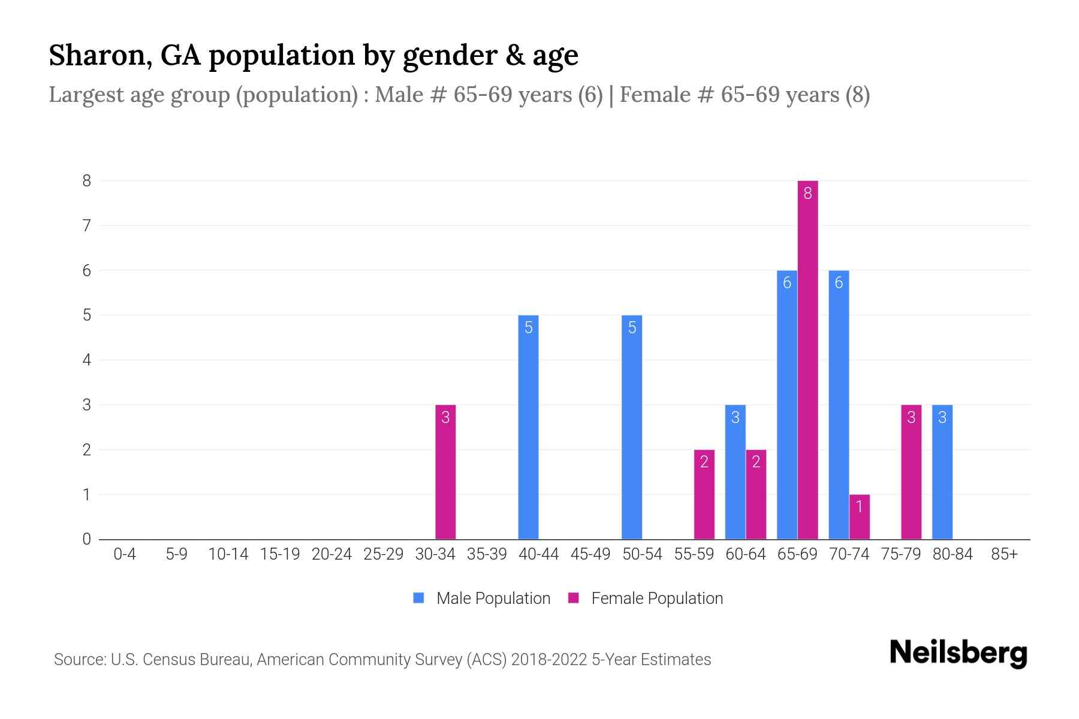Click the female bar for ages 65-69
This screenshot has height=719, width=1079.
click(807, 359)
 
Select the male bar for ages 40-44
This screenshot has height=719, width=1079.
click(528, 427)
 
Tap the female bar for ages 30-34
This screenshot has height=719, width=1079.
click(445, 472)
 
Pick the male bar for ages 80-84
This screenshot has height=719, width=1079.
click(942, 472)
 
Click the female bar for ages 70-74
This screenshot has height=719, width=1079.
click(859, 516)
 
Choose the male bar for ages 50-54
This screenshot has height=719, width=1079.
click(632, 427)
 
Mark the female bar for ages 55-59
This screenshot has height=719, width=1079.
click(704, 494)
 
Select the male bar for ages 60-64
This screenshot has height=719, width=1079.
click(736, 472)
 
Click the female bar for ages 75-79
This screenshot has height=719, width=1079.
click(911, 472)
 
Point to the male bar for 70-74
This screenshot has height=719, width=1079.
click(839, 404)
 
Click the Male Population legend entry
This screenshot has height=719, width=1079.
click(482, 598)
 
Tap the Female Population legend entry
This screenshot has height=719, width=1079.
click(646, 598)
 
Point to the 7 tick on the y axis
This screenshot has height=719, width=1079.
click(87, 226)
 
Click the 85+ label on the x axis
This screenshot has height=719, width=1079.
click(1004, 554)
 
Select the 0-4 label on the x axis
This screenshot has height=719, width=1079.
click(125, 554)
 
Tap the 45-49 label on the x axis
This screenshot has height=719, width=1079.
click(590, 554)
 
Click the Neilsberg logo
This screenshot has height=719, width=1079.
click(958, 653)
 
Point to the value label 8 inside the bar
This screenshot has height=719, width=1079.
click(807, 193)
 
